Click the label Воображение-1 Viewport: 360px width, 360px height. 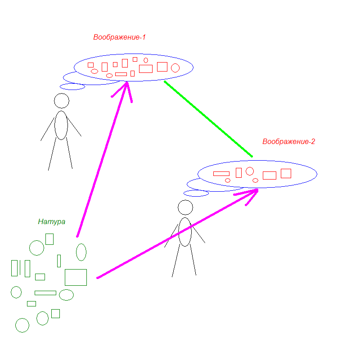[119, 37]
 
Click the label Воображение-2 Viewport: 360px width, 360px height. [288, 142]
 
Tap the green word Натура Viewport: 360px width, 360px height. [52, 222]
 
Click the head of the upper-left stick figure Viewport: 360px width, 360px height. [62, 100]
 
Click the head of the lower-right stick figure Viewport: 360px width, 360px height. [185, 207]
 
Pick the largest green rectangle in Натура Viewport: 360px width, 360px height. [76, 277]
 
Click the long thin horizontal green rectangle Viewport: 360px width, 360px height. [45, 293]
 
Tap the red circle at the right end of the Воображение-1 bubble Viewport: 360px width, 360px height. [175, 68]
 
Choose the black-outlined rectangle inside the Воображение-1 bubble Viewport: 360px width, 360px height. [90, 65]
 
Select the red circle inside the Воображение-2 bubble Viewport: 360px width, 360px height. [250, 171]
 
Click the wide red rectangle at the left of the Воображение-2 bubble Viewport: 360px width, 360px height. [221, 174]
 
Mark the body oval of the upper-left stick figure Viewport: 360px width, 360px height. [61, 125]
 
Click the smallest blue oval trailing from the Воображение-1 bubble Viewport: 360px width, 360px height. [72, 86]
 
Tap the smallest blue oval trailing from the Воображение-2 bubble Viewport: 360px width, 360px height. [196, 193]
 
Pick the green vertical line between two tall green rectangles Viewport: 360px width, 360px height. [20, 268]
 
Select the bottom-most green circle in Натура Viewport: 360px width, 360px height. [22, 325]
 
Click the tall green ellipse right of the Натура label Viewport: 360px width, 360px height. [81, 252]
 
